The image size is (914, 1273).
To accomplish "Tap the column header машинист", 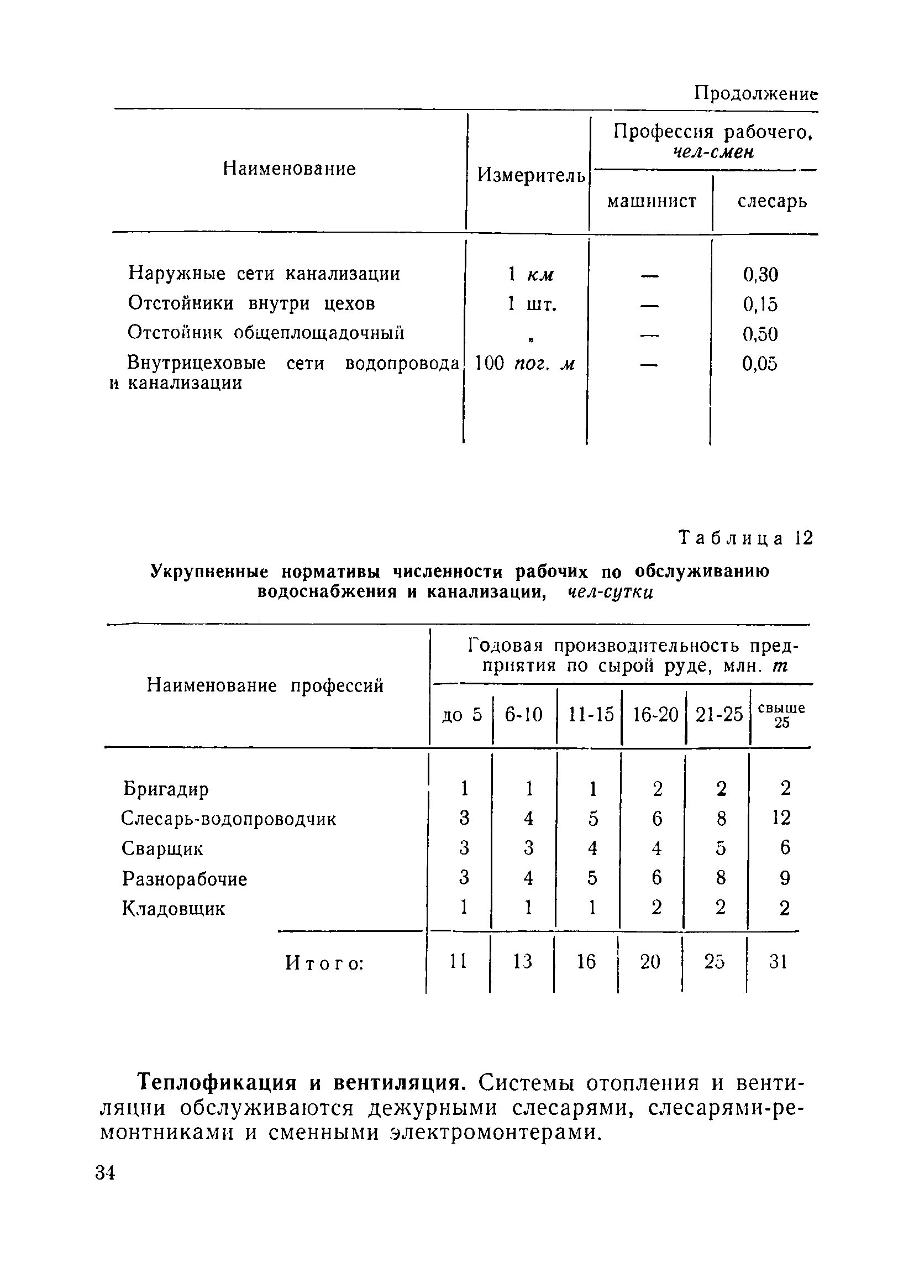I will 652,201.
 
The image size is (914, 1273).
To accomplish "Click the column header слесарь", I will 772,201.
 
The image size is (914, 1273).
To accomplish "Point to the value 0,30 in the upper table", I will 760,275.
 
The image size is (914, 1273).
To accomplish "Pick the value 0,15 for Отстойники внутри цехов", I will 760,304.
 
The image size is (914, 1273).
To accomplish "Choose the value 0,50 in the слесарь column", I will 760,334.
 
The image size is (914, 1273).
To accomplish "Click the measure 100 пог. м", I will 524,364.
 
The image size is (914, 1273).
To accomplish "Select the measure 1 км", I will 530,275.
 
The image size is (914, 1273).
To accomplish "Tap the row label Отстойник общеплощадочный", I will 266,333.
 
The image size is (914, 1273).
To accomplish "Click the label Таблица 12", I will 745,538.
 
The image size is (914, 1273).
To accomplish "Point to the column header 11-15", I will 591,715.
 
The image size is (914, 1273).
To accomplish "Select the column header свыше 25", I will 781,715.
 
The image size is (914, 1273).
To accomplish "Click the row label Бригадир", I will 166,789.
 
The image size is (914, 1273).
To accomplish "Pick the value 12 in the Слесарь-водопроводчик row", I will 781,818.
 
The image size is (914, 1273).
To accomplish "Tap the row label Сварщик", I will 162,848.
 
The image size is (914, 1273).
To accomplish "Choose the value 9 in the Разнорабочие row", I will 784,878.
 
